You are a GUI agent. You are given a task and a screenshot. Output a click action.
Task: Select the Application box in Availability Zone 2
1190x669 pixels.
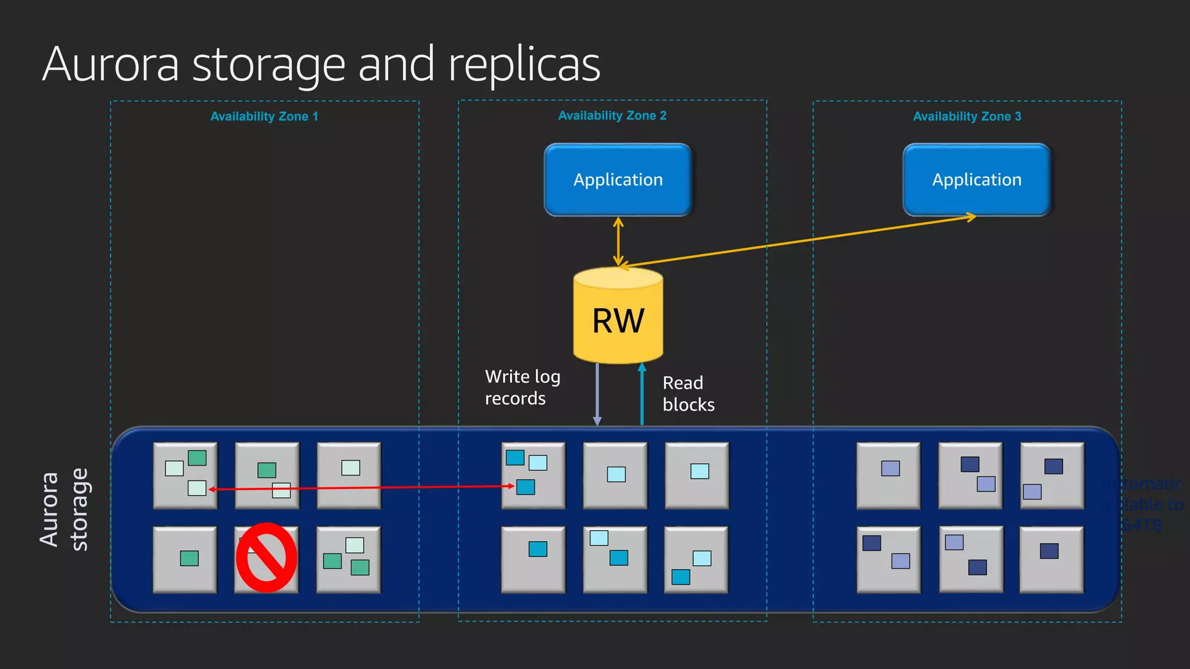pyautogui.click(x=618, y=179)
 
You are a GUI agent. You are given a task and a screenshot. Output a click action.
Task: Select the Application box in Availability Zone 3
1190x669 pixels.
pyautogui.click(x=976, y=179)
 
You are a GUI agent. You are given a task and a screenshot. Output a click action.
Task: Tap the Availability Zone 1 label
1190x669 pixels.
pyautogui.click(x=264, y=116)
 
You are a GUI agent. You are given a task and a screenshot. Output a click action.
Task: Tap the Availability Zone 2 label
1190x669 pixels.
pyautogui.click(x=612, y=116)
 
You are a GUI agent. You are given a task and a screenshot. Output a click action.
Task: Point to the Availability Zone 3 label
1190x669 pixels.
pyautogui.click(x=966, y=116)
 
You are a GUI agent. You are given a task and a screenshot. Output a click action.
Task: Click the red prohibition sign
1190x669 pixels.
pyautogui.click(x=266, y=557)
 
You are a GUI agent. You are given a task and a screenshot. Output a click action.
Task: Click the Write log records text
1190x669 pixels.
pyautogui.click(x=522, y=387)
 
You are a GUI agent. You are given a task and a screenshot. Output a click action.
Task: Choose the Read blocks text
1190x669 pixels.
pyautogui.click(x=688, y=394)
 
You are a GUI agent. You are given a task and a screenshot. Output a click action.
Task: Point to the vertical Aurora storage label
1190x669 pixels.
pyautogui.click(x=64, y=510)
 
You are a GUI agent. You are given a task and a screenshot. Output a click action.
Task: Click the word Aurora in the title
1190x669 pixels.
pyautogui.click(x=110, y=64)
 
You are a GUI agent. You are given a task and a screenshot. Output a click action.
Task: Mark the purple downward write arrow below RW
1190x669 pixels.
pyautogui.click(x=597, y=395)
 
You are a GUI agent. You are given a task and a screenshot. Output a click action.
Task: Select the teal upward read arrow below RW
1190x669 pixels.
pyautogui.click(x=641, y=395)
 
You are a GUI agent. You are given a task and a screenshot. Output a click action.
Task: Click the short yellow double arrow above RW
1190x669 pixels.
pyautogui.click(x=618, y=241)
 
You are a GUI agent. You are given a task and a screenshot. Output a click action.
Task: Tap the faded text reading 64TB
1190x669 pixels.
pyautogui.click(x=1141, y=526)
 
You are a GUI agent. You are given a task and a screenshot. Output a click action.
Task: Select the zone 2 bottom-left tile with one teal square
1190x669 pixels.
pyautogui.click(x=533, y=559)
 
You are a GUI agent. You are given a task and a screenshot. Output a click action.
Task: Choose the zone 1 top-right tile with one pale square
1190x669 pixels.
pyautogui.click(x=349, y=476)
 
